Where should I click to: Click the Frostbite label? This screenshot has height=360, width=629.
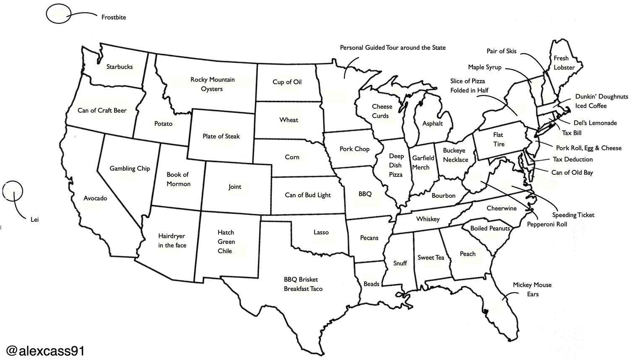(x=114, y=18)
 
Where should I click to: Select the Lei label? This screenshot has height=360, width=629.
(x=34, y=219)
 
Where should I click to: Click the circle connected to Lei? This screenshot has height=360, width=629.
(x=13, y=191)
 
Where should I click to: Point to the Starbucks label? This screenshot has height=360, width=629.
(x=120, y=67)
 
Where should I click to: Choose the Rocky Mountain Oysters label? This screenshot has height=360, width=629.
(x=212, y=84)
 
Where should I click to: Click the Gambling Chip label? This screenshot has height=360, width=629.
(x=130, y=168)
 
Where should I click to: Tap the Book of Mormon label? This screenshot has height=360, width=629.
(x=178, y=179)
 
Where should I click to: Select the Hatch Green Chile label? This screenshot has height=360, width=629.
(x=226, y=241)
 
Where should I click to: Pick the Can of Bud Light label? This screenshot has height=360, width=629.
(x=307, y=195)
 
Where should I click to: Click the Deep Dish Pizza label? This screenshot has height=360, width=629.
(x=395, y=165)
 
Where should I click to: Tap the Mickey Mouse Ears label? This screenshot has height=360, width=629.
(x=532, y=289)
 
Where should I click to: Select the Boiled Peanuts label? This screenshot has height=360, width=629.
(x=490, y=228)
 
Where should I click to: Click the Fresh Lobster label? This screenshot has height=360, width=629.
(x=563, y=63)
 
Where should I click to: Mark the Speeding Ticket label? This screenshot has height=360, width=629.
(x=573, y=215)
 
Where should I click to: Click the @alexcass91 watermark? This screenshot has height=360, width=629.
(x=45, y=350)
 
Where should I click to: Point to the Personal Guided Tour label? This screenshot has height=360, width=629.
(x=392, y=48)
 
